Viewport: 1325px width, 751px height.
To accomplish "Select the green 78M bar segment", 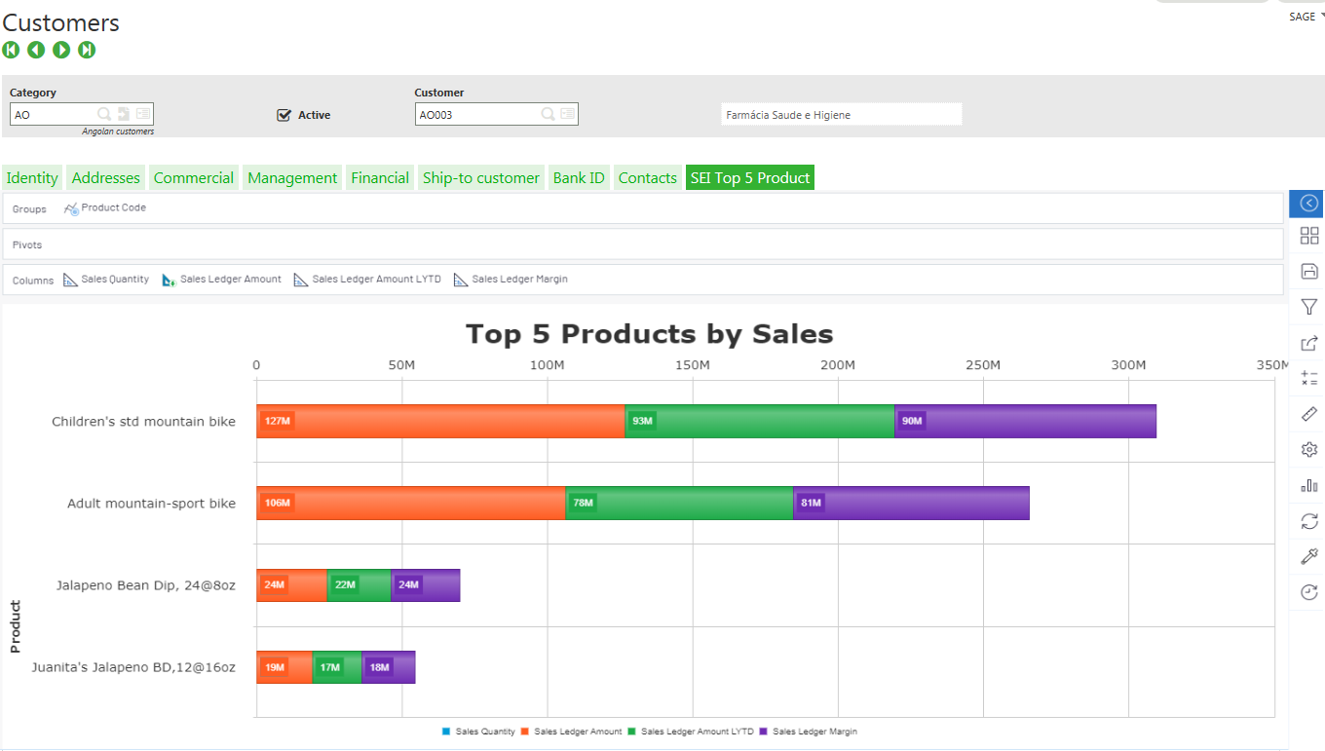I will click(679, 503).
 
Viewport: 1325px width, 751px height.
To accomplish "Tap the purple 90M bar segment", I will click(1025, 421).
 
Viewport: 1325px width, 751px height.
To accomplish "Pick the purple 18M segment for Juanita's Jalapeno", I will click(389, 667).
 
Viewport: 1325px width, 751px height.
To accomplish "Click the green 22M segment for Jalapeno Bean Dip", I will click(359, 584).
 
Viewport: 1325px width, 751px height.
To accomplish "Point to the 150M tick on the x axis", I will click(693, 365).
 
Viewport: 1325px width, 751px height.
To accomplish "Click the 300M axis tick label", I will click(1128, 365).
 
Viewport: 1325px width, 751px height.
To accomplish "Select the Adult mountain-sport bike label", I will click(151, 504).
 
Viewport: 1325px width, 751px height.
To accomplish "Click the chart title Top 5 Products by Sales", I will click(649, 334).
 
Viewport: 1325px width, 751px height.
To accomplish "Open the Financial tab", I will click(380, 178).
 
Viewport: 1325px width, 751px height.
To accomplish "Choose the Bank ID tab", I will click(579, 178).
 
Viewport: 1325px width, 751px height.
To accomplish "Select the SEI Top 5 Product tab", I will click(749, 178).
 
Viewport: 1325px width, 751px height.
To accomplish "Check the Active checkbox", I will click(284, 115).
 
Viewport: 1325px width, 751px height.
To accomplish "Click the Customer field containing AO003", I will click(476, 115).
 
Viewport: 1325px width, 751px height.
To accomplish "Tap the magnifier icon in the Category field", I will click(104, 115).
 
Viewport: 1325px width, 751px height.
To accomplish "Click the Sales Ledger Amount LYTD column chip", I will click(375, 280).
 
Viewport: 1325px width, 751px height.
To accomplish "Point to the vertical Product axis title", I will click(15, 626).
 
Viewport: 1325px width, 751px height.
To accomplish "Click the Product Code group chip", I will click(113, 207).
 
